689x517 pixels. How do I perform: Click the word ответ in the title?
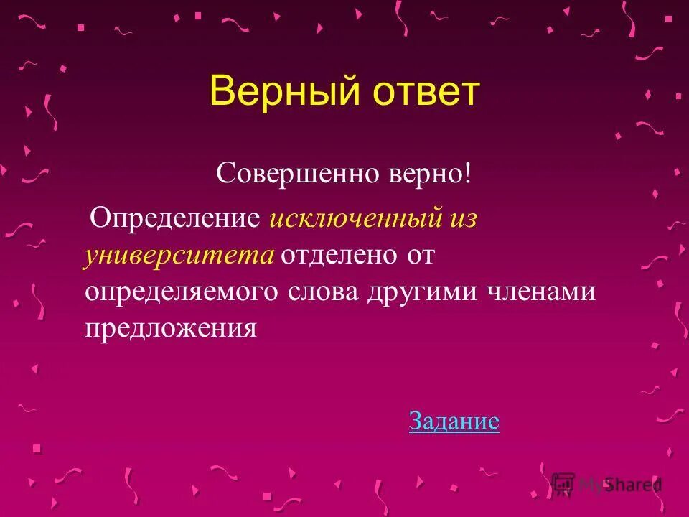[424, 93]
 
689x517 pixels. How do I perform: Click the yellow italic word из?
[463, 218]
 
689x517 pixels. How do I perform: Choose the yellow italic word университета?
[179, 256]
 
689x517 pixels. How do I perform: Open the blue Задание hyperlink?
[454, 421]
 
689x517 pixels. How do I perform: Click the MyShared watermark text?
[620, 484]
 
